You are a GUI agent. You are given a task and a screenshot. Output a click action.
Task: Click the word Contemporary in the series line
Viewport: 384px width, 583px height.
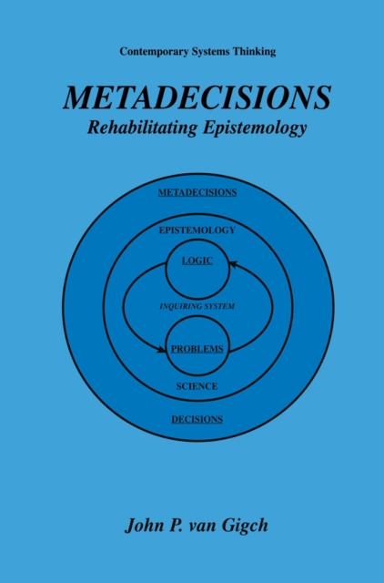coord(149,51)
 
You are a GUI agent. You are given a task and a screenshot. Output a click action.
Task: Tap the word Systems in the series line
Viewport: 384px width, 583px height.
coord(207,51)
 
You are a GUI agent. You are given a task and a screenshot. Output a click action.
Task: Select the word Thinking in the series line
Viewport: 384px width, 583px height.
coord(252,51)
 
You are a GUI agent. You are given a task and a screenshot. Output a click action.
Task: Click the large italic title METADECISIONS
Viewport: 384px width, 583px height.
coord(197,97)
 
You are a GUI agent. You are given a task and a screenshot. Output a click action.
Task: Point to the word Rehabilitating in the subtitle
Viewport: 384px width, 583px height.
coord(135,128)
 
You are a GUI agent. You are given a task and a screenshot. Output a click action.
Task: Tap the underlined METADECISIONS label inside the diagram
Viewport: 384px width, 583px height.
coord(197,192)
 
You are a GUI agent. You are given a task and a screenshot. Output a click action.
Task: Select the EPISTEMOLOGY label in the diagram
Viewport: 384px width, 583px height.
coord(197,230)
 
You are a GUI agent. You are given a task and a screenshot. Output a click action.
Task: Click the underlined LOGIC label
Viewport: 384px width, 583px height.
coord(197,261)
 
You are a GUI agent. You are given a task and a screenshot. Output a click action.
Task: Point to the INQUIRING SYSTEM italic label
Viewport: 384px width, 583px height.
coord(197,306)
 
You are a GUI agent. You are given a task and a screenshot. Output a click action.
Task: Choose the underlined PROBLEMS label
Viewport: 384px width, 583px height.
coord(197,349)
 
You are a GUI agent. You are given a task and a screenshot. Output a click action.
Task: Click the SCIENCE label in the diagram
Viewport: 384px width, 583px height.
coord(197,386)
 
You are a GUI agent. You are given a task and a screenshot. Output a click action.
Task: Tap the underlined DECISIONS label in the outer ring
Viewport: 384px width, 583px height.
coord(197,419)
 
